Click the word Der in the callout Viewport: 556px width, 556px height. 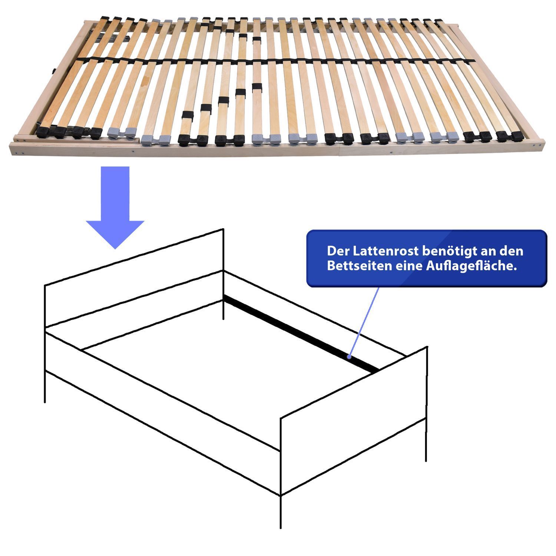pos(338,251)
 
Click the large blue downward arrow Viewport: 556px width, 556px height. pos(115,208)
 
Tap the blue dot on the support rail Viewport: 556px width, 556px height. pos(349,357)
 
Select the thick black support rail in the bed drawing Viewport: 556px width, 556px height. pos(301,334)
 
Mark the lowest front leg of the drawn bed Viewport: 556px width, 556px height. pos(281,512)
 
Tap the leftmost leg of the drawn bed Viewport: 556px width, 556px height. pos(45,385)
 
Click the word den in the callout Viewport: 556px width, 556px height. pos(513,251)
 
